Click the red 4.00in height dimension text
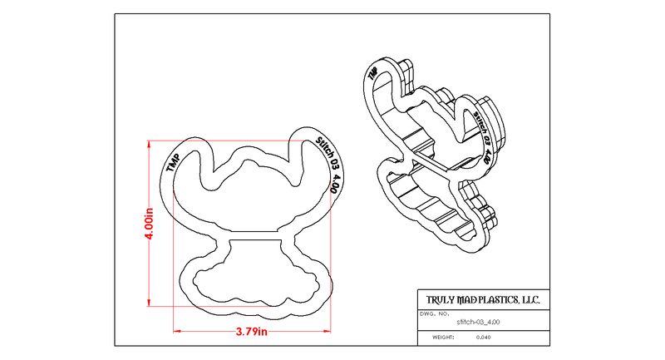pos(150,224)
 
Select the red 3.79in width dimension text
pos(252,331)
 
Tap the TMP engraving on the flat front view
pos(173,163)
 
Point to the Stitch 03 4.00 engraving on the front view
pos(328,165)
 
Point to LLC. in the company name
pos(530,300)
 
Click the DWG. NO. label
pos(434,314)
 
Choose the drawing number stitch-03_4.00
pos(478,322)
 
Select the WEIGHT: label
pos(443,338)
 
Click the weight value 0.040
pos(483,338)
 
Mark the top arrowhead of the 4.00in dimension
pos(149,144)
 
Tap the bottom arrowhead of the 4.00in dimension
pos(149,302)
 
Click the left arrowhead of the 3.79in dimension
pos(177,331)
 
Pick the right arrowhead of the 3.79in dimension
pos(327,331)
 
